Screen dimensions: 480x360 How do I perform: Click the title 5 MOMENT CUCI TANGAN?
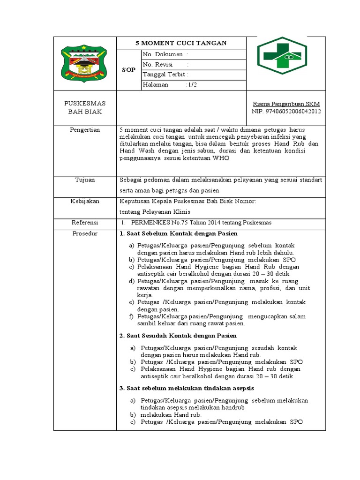click(181, 43)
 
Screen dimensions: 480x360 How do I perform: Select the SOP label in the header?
click(128, 70)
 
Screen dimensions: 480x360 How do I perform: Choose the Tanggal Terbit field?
click(165, 75)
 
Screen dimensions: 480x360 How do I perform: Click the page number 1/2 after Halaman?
click(191, 85)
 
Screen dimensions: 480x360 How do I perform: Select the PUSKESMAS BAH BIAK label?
click(85, 107)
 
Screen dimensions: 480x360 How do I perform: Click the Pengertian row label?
click(85, 130)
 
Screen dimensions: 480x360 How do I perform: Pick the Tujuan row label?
click(85, 180)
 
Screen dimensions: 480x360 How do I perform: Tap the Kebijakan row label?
click(85, 201)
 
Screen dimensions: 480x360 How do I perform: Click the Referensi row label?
click(85, 222)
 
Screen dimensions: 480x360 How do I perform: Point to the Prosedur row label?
click(85, 233)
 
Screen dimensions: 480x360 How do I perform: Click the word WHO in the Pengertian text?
click(222, 159)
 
